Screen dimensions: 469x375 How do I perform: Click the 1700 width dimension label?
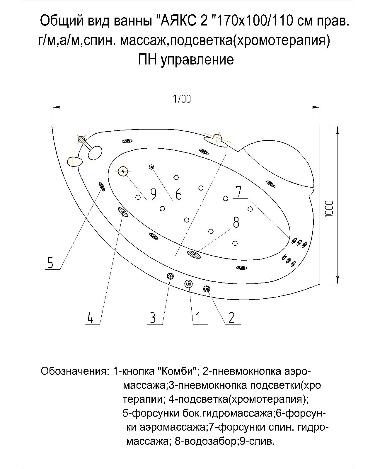point(182,99)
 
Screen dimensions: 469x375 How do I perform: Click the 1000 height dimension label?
point(329,209)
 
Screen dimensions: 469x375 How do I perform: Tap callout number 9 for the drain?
point(153,194)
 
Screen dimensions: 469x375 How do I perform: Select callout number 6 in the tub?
point(178,194)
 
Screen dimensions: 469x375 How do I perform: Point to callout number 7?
point(239,192)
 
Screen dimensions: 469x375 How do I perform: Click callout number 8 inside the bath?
point(236,222)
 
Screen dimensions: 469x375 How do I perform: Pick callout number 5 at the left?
point(50,263)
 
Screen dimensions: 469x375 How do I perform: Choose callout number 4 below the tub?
point(90,318)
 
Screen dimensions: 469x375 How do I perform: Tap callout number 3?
point(153,318)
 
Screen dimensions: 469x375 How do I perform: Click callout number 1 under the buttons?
point(198,318)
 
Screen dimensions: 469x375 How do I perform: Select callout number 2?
point(231,318)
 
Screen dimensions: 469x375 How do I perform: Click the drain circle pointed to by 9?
point(123,171)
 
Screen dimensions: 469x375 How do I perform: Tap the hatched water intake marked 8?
point(194,254)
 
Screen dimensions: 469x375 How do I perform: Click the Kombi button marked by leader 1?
point(189,283)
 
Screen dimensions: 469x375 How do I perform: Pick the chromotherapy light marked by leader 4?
point(123,212)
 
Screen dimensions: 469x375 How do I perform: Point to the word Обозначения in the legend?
point(74,371)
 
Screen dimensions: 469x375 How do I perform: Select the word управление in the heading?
point(197,60)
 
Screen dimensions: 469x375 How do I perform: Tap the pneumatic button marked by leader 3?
point(170,276)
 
